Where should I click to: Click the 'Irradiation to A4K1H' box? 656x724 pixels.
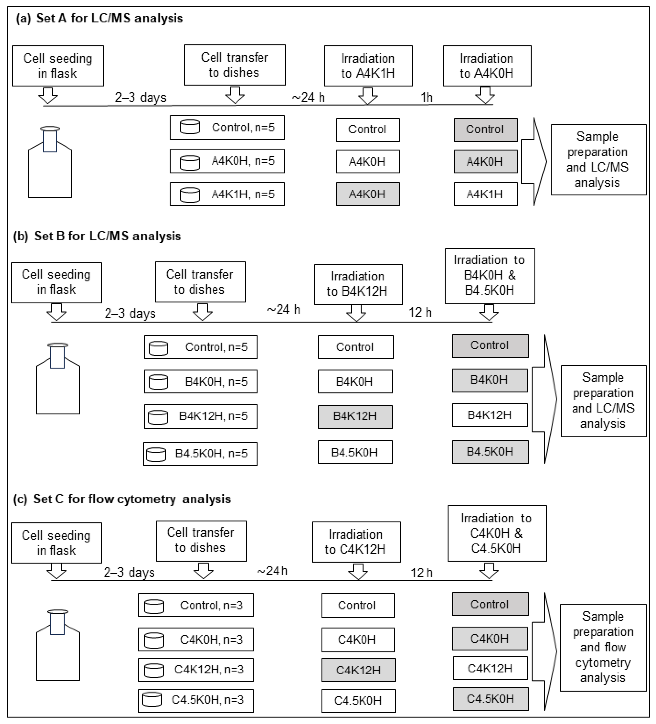pyautogui.click(x=368, y=66)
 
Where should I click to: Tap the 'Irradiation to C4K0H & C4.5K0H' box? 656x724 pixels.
pyautogui.click(x=497, y=533)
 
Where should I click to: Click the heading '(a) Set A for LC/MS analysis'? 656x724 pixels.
pyautogui.click(x=99, y=18)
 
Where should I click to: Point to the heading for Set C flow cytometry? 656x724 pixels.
pyautogui.click(x=122, y=499)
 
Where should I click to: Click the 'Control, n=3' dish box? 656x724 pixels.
pyautogui.click(x=196, y=605)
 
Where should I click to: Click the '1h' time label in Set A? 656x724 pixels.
pyautogui.click(x=427, y=97)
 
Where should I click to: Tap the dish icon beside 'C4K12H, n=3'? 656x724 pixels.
pyautogui.click(x=154, y=670)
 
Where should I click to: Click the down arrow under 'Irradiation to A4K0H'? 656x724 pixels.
pyautogui.click(x=485, y=95)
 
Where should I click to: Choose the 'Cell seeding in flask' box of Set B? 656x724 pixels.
pyautogui.click(x=56, y=282)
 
